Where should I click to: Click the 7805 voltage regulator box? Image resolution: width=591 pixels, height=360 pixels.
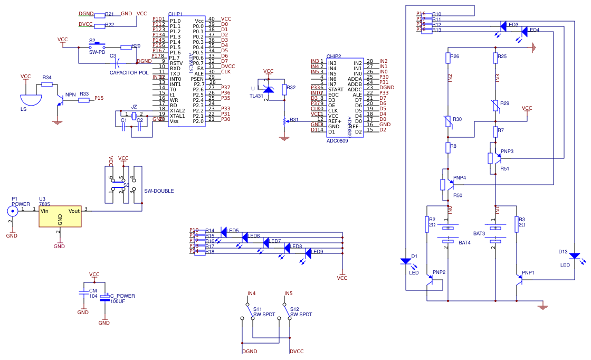click(x=60, y=216)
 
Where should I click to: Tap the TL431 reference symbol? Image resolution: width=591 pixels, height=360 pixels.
click(x=268, y=90)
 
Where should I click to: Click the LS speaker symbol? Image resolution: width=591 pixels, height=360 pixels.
click(x=30, y=99)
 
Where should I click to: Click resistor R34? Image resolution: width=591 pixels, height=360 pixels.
click(x=47, y=83)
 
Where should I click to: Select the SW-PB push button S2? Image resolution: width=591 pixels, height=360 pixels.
click(x=98, y=46)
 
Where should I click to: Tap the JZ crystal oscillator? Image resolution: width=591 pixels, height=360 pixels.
click(x=134, y=116)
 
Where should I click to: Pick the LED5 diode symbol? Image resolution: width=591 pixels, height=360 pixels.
click(x=224, y=231)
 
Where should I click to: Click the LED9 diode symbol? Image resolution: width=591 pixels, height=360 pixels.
click(x=308, y=252)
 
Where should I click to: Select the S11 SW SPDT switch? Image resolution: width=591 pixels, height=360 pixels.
click(x=245, y=311)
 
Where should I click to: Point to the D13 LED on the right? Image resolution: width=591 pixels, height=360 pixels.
click(x=575, y=257)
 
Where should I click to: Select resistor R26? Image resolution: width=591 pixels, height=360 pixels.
click(x=447, y=56)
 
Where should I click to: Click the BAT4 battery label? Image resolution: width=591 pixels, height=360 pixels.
click(x=464, y=242)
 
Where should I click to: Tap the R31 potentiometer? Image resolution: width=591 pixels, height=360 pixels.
click(x=285, y=121)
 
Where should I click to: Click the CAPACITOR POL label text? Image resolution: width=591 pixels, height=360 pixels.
click(x=129, y=73)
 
